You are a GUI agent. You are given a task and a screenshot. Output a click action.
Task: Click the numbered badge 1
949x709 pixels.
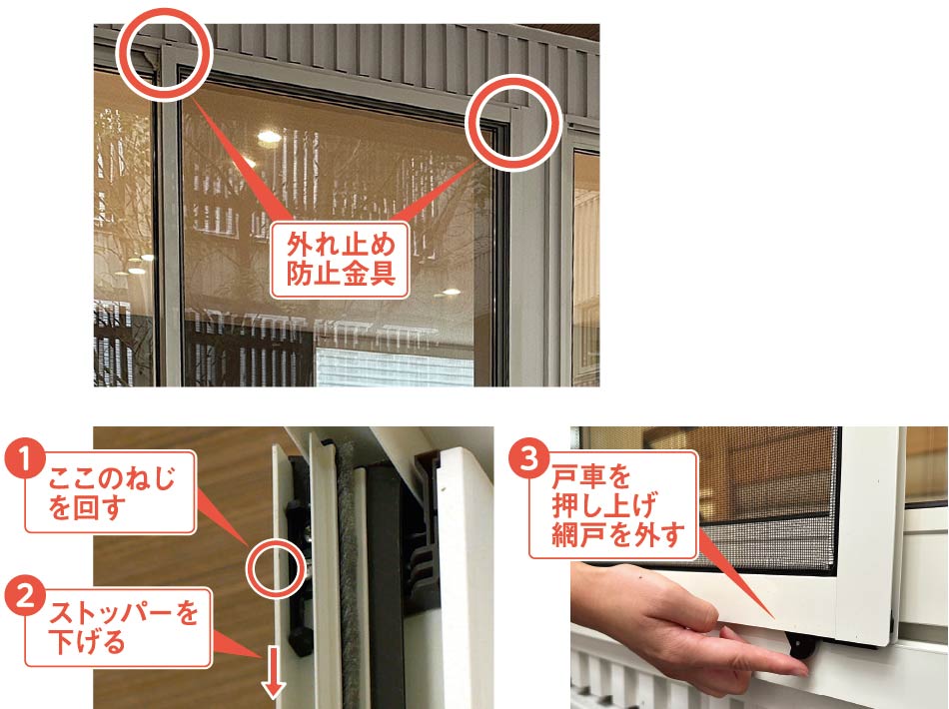[24, 459]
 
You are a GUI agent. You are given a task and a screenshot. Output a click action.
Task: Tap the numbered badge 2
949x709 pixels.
[24, 596]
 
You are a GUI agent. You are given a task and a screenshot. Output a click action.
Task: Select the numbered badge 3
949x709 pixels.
[529, 459]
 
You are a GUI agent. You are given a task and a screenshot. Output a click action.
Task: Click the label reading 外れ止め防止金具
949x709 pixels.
[340, 260]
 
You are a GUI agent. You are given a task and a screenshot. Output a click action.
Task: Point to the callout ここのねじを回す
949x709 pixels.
[110, 492]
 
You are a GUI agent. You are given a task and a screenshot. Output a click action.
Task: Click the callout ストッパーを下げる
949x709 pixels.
[118, 628]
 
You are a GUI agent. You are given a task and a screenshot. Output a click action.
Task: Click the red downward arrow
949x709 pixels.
[274, 671]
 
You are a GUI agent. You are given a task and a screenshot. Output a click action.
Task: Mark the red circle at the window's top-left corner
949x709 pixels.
[164, 53]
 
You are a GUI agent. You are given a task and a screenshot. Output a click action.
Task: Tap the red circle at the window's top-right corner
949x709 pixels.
[513, 123]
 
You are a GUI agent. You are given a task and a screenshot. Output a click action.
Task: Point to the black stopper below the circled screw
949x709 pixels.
[302, 629]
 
